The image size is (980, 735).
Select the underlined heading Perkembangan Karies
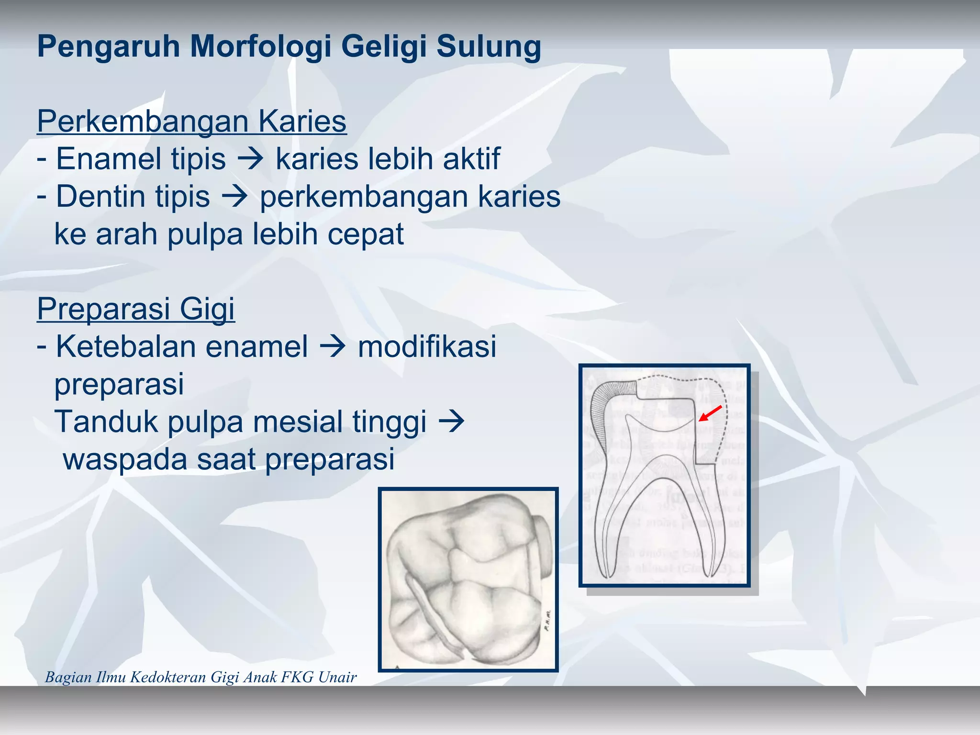pyautogui.click(x=191, y=121)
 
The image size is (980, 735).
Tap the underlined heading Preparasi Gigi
pyautogui.click(x=136, y=309)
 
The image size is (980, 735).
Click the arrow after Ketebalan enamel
pyautogui.click(x=333, y=347)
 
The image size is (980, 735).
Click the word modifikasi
pyautogui.click(x=427, y=346)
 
